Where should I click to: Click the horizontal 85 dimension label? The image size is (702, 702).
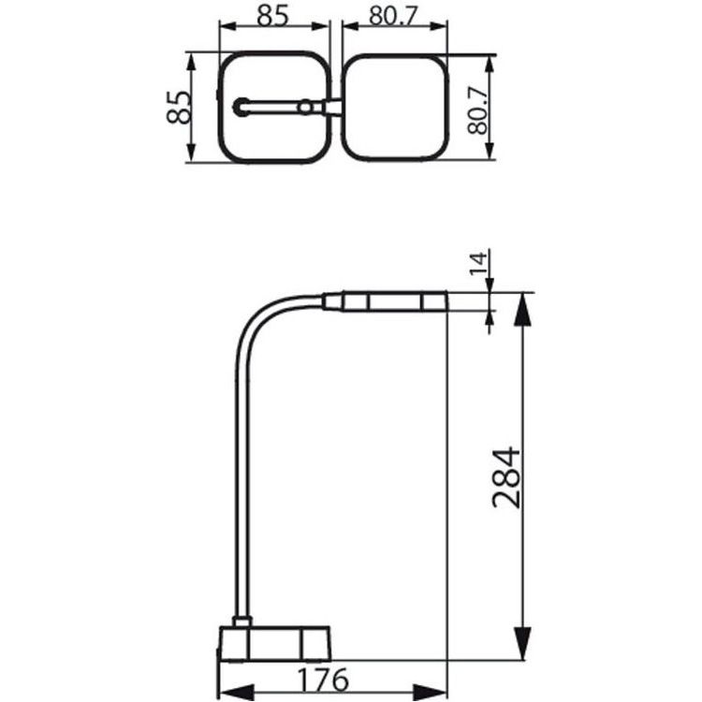click(x=273, y=16)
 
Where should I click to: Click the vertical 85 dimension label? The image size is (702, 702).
click(x=178, y=108)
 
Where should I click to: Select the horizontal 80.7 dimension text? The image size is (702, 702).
click(x=393, y=16)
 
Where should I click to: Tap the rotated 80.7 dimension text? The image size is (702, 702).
click(x=477, y=110)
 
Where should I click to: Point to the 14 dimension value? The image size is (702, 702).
click(x=477, y=264)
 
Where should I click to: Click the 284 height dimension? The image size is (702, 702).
click(x=506, y=477)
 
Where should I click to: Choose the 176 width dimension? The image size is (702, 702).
click(x=323, y=680)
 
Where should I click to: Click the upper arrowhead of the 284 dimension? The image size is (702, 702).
click(x=523, y=309)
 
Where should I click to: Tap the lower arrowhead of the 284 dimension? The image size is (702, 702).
click(x=523, y=643)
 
